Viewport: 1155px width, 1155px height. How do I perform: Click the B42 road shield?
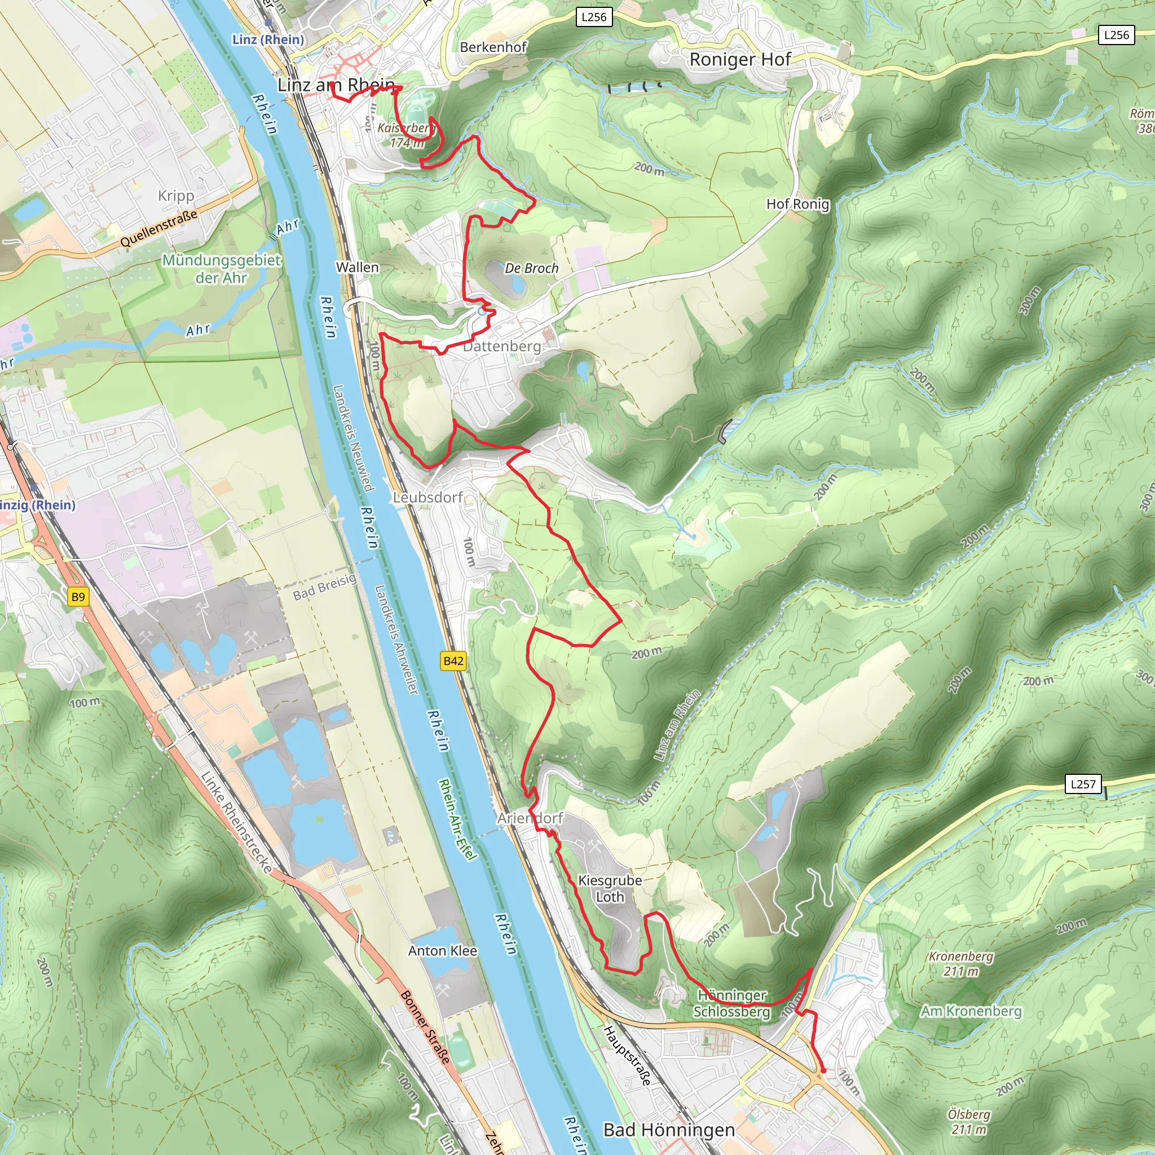pos(453,660)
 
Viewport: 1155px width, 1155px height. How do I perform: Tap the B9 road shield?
pos(78,597)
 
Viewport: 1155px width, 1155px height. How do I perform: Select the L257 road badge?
pos(1083,784)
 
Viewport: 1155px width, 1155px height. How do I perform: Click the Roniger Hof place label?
pos(739,59)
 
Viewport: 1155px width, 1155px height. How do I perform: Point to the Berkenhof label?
pos(493,47)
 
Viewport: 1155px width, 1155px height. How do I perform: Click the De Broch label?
pos(531,268)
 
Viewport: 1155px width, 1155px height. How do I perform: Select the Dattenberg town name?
pos(502,346)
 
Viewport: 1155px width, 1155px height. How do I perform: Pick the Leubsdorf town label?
pos(428,497)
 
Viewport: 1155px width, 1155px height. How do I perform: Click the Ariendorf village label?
pos(530,818)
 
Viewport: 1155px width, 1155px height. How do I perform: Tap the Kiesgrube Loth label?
pos(610,888)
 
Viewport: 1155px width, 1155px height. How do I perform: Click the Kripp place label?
pos(176,196)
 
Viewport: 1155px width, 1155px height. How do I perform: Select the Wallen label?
pos(358,267)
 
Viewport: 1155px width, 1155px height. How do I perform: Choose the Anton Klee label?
pos(442,950)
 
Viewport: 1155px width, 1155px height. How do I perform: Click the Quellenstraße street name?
pos(158,228)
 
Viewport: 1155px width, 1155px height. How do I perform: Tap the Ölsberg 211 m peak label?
pos(968,1122)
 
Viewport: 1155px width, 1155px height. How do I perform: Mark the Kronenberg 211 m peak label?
pos(960,964)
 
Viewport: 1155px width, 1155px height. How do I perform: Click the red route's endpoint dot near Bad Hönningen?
pos(823,1071)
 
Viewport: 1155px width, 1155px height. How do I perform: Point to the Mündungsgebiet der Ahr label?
pos(221,268)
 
